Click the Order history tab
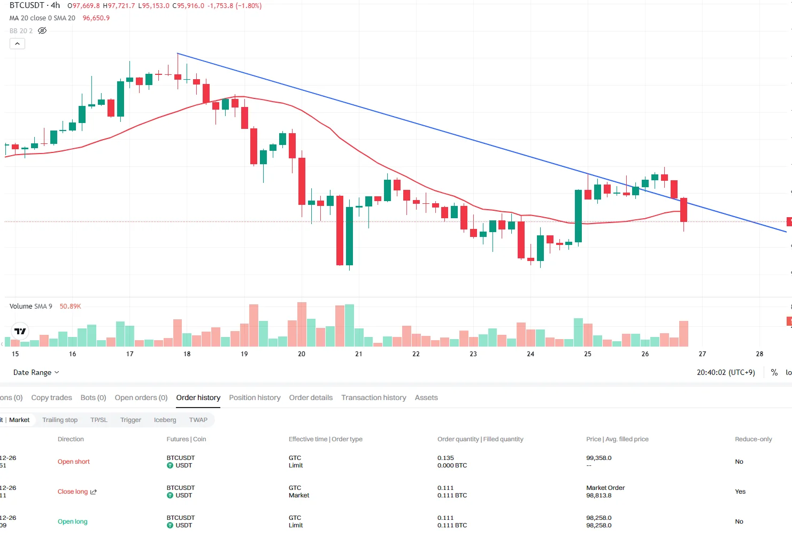pyautogui.click(x=198, y=397)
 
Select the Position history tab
pyautogui.click(x=255, y=397)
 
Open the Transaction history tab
pyautogui.click(x=373, y=397)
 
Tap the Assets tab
pyautogui.click(x=426, y=397)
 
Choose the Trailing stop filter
pyautogui.click(x=60, y=420)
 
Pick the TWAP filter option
pyautogui.click(x=198, y=420)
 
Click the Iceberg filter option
pyautogui.click(x=165, y=420)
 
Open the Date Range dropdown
pyautogui.click(x=36, y=372)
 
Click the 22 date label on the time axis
pyautogui.click(x=416, y=354)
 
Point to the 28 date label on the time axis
pyautogui.click(x=759, y=354)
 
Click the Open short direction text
pyautogui.click(x=74, y=462)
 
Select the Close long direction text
pyautogui.click(x=73, y=492)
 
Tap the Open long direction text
pyautogui.click(x=73, y=521)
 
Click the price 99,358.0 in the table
pyautogui.click(x=599, y=458)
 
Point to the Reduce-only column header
pyautogui.click(x=753, y=439)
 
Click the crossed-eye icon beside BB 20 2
pyautogui.click(x=42, y=30)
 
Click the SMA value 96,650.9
pyautogui.click(x=96, y=18)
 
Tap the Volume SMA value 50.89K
pyautogui.click(x=70, y=306)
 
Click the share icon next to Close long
pyautogui.click(x=94, y=492)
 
